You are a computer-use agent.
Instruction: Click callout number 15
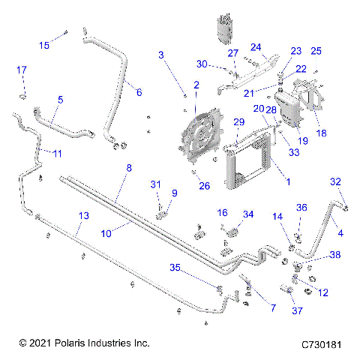tap(44, 45)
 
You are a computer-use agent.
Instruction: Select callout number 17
tap(22, 70)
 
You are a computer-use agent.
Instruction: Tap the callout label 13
tap(84, 215)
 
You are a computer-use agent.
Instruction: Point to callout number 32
tap(336, 181)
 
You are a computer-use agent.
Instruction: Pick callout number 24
tap(256, 47)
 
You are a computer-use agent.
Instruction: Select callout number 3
tap(161, 55)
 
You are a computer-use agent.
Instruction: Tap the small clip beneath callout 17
tap(23, 96)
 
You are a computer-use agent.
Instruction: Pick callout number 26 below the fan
tap(205, 187)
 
